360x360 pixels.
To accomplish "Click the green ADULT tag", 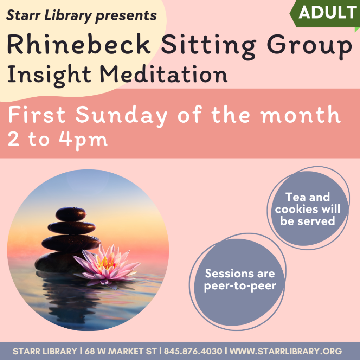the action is (x=326, y=14).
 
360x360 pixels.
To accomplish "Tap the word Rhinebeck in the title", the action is (x=79, y=44).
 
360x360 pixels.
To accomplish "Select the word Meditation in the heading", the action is (x=163, y=74).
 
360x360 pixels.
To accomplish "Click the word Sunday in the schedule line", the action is (x=121, y=115).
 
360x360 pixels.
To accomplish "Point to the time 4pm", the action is (x=83, y=140).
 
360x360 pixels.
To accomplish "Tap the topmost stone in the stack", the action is (x=71, y=214).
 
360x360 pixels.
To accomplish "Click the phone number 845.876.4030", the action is (x=193, y=351).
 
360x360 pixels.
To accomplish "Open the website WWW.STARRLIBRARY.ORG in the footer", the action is (x=286, y=351).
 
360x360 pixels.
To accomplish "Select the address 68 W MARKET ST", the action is (x=121, y=351).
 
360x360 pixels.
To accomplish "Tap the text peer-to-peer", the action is (x=240, y=286).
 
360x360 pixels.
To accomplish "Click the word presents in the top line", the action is (x=126, y=16).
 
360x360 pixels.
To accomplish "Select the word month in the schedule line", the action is (x=301, y=114).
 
